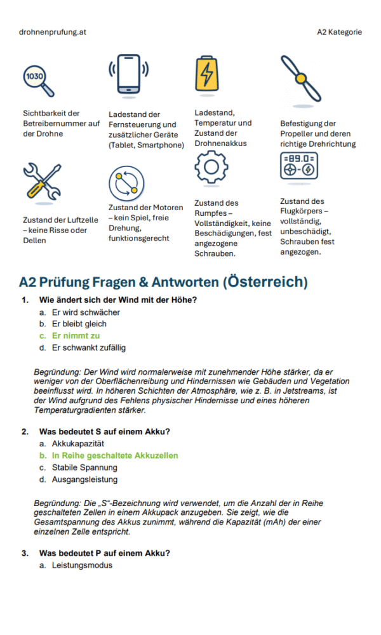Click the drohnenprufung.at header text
(53, 32)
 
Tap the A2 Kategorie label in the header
(340, 32)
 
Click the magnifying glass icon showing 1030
(37, 79)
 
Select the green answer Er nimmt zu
(76, 336)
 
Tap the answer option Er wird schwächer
(86, 312)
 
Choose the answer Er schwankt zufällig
(89, 347)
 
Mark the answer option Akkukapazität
(77, 444)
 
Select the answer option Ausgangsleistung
(84, 479)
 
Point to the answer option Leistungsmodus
(82, 565)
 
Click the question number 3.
(24, 553)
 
